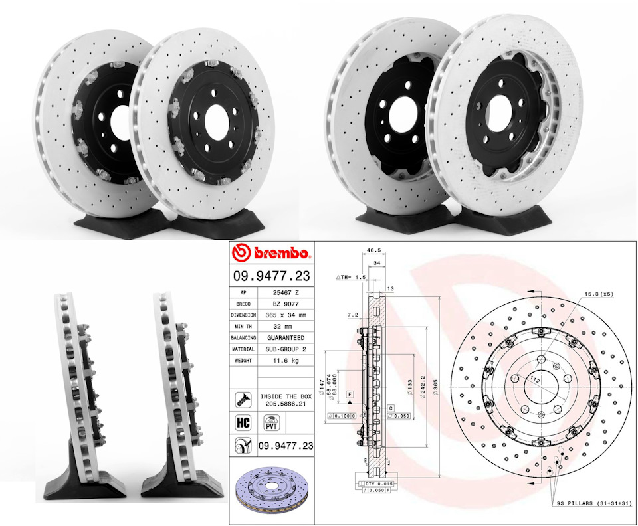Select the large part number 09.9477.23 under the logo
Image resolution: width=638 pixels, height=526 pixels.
[272, 276]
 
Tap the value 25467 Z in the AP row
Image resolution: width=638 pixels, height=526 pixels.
[286, 292]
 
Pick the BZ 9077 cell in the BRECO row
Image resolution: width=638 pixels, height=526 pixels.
[286, 304]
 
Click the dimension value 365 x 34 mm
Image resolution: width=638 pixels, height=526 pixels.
[286, 315]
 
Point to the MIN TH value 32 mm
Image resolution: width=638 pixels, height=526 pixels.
[286, 326]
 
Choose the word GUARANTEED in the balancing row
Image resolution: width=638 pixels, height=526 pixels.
[286, 337]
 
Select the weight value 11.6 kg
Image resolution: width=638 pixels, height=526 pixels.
[286, 360]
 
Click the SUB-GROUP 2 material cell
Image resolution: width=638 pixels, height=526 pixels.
[286, 349]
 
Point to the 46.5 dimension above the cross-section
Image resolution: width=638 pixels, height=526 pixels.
[372, 252]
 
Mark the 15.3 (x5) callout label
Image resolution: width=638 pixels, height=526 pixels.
[597, 293]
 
